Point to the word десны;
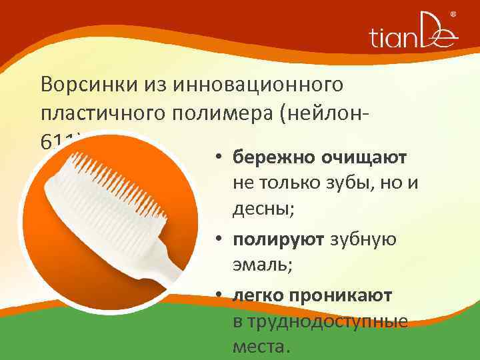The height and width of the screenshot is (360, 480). (x=264, y=209)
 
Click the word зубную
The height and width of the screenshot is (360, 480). (x=365, y=239)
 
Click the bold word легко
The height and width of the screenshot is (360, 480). (x=260, y=295)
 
